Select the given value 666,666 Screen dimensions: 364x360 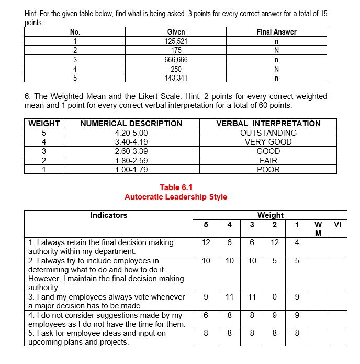pyautogui.click(x=176, y=60)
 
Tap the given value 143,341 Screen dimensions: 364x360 pyautogui.click(x=176, y=78)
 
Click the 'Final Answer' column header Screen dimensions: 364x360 pyautogui.click(x=276, y=32)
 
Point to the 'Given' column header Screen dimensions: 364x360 pyautogui.click(x=176, y=32)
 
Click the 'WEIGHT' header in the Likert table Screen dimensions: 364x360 pyautogui.click(x=44, y=124)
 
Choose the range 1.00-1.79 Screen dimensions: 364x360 pyautogui.click(x=131, y=169)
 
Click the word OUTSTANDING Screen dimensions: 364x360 pyautogui.click(x=268, y=133)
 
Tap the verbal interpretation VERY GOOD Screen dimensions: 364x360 pyautogui.click(x=268, y=142)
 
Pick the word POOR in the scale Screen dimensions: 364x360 pyautogui.click(x=268, y=169)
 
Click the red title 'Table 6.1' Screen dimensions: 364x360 pyautogui.click(x=176, y=187)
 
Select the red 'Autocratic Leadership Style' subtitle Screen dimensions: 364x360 pyautogui.click(x=176, y=197)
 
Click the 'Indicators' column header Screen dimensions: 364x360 pyautogui.click(x=108, y=215)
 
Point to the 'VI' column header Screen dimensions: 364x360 pyautogui.click(x=337, y=225)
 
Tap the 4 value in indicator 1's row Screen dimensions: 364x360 pyautogui.click(x=297, y=242)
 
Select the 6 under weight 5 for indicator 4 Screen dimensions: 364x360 pyautogui.click(x=206, y=315)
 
